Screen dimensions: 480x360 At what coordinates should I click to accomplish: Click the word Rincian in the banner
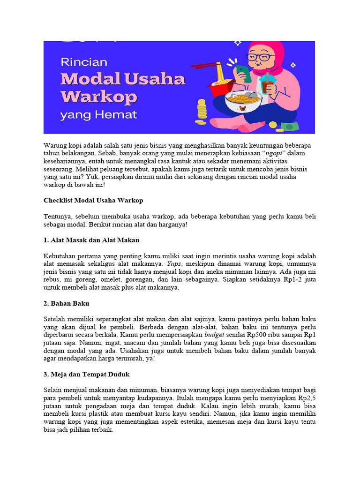[x=84, y=62]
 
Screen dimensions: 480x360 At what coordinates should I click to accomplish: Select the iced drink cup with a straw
[x=268, y=87]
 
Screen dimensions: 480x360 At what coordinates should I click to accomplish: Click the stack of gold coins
[x=202, y=110]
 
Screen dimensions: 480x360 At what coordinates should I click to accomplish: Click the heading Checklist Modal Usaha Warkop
[x=93, y=200]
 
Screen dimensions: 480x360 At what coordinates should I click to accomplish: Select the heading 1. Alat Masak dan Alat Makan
[x=91, y=240]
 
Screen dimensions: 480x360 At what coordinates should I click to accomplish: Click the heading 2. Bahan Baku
[x=66, y=303]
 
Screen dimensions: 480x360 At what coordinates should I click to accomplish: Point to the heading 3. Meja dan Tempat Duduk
[x=86, y=375]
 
